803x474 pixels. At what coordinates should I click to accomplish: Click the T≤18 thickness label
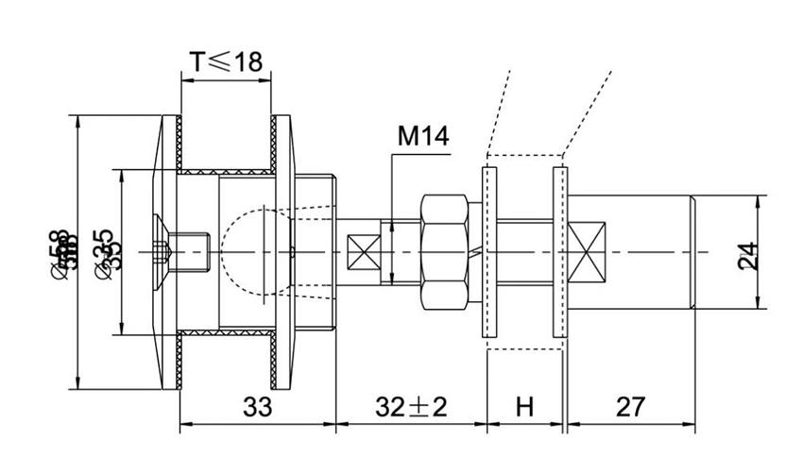[x=224, y=61]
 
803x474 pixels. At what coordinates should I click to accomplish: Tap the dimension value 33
[x=256, y=407]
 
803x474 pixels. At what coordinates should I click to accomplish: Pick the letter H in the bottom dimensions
[x=525, y=407]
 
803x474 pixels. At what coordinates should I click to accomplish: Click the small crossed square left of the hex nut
[x=364, y=252]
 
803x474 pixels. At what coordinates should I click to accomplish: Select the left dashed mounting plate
[x=488, y=252]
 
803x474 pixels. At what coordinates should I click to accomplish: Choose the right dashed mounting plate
[x=560, y=252]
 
